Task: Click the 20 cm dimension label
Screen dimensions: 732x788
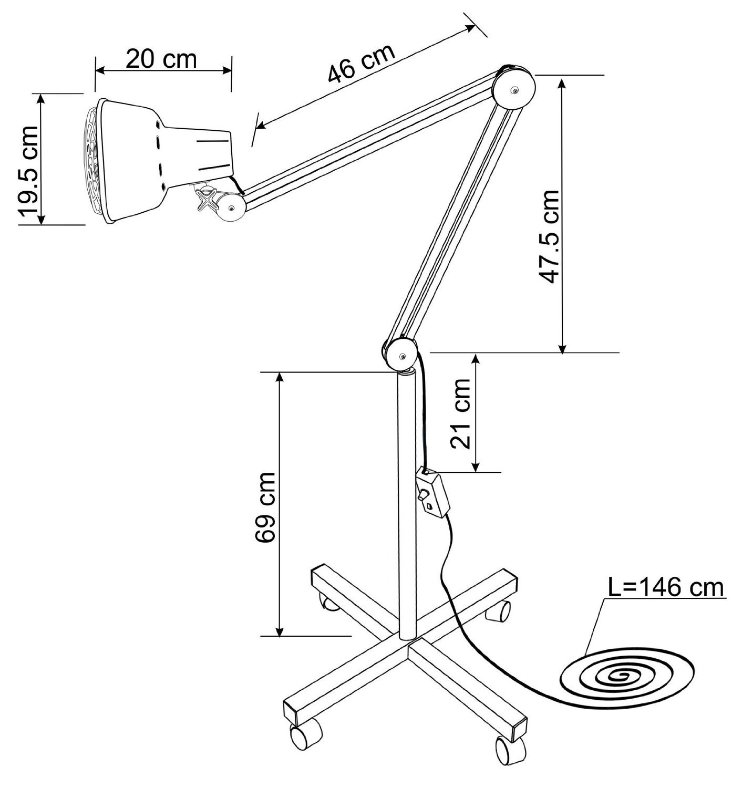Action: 161,59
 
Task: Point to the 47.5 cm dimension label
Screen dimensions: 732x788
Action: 549,236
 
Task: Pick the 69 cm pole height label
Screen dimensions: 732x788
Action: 265,507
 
